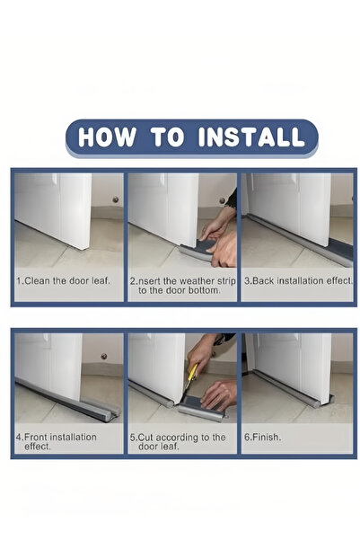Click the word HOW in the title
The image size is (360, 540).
click(x=107, y=137)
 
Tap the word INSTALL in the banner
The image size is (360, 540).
click(x=251, y=137)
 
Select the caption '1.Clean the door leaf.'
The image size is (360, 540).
click(x=64, y=280)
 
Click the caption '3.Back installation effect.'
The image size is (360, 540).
click(x=298, y=280)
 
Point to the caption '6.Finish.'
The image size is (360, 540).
click(x=262, y=437)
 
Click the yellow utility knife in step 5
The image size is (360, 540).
click(x=191, y=376)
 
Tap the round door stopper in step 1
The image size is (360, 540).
click(x=116, y=199)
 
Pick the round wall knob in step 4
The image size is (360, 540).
click(x=103, y=356)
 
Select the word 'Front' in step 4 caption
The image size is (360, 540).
click(x=35, y=437)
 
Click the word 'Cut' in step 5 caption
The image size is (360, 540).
click(x=145, y=438)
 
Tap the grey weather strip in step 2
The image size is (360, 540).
click(x=197, y=252)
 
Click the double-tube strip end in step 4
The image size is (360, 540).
click(x=110, y=413)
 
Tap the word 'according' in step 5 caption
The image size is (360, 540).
click(x=176, y=438)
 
